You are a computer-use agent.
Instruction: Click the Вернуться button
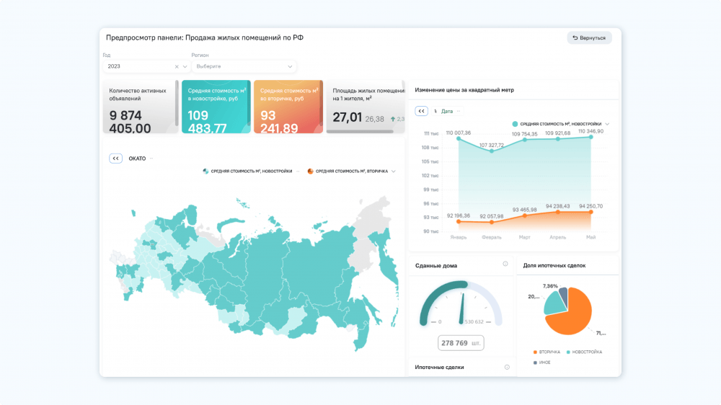pos(589,37)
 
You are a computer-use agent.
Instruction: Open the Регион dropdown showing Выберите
pos(243,66)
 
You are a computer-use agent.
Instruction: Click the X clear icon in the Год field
pos(177,66)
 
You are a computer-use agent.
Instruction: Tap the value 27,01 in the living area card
pos(347,117)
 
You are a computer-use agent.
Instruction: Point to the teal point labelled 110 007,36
pos(458,138)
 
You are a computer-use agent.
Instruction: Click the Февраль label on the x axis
pos(492,237)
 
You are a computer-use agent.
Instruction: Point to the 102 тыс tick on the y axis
pos(430,175)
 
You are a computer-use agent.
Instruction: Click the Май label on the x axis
pos(591,237)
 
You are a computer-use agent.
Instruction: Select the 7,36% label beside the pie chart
pos(550,286)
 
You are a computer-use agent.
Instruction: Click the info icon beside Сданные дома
pos(505,264)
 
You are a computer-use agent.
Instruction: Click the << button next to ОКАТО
pos(116,159)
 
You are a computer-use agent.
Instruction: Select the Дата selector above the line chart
pos(447,111)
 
